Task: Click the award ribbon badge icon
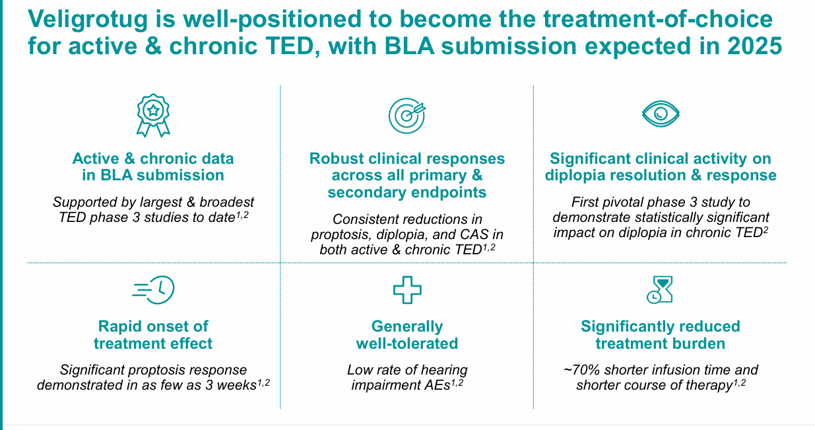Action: pos(153,115)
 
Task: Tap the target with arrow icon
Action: pos(407,115)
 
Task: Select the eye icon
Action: pos(661,114)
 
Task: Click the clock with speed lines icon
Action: pos(154,290)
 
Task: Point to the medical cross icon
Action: pos(407,290)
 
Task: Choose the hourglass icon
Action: pos(660,289)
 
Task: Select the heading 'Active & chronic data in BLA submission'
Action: pos(153,167)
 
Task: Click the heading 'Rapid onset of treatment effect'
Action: pos(153,335)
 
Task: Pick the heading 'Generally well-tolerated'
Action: pos(407,335)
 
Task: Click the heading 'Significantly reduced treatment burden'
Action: pos(661,335)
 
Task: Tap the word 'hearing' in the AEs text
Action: pos(444,370)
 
